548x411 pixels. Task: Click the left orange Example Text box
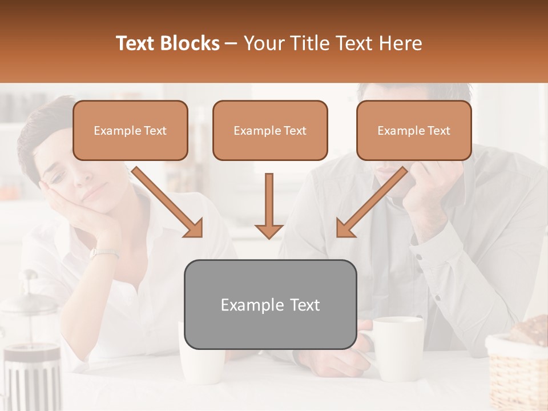pos(130,130)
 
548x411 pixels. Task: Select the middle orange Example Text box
pos(270,130)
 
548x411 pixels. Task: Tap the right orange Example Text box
pos(414,130)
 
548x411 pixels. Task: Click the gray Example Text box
pos(270,304)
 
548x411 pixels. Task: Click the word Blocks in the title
pos(189,43)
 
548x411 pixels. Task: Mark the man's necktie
pos(379,240)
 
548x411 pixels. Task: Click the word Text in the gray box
pos(303,305)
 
